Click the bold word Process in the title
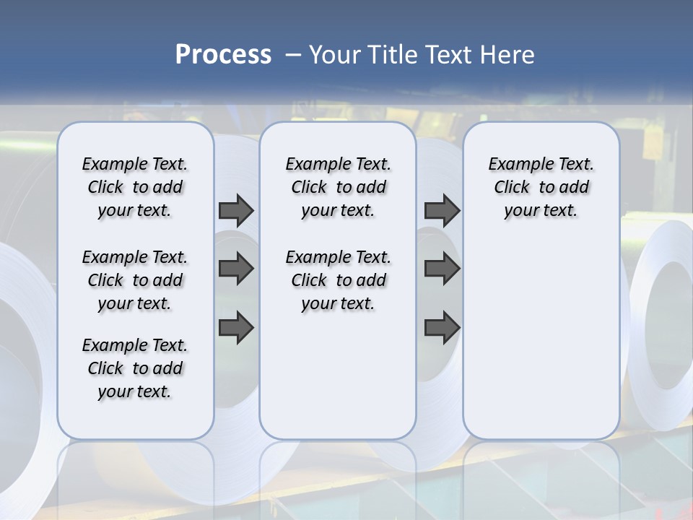[x=223, y=55]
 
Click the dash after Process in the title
[x=293, y=55]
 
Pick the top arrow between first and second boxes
[x=236, y=211]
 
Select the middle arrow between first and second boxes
[x=236, y=269]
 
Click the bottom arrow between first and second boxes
[x=236, y=327]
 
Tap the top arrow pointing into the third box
[x=442, y=211]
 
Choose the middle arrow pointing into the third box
[x=442, y=269]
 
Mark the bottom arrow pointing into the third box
[x=442, y=327]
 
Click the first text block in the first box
[x=135, y=187]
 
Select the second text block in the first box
[x=135, y=280]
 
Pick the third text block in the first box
[x=135, y=368]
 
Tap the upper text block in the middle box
[x=338, y=187]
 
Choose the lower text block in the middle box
[x=338, y=280]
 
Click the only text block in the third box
[x=541, y=187]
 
